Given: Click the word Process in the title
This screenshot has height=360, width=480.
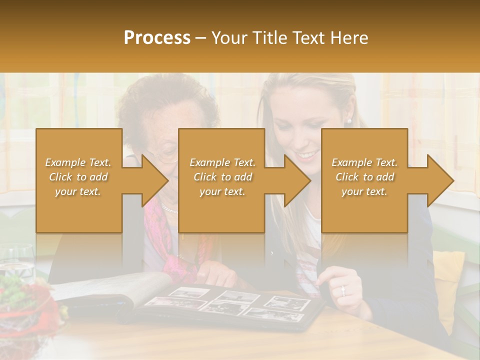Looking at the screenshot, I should point(157,37).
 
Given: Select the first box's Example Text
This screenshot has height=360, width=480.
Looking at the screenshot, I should point(78,162).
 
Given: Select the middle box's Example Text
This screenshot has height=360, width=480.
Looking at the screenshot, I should point(222,162).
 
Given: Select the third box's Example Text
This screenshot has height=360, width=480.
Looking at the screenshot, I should point(364,162).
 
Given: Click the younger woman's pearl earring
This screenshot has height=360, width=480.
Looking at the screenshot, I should point(348,121).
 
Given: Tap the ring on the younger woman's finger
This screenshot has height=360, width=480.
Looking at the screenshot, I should point(342,289).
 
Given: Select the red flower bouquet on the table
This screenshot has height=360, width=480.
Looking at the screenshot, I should point(27,300).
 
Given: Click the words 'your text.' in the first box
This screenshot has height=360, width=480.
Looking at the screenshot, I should point(78,191).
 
